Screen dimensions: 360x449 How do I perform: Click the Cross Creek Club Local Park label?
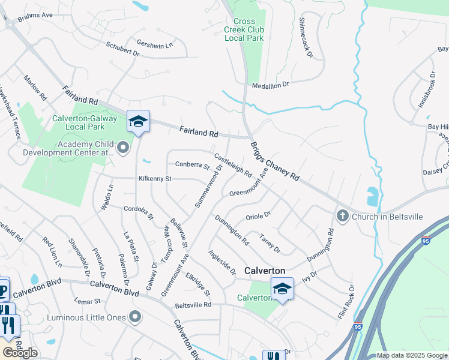pyautogui.click(x=244, y=29)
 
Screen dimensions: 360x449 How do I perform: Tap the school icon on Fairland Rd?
pyautogui.click(x=138, y=122)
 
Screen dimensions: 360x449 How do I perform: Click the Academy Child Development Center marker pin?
pyautogui.click(x=124, y=148)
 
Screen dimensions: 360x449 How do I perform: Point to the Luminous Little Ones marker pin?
pyautogui.click(x=136, y=316)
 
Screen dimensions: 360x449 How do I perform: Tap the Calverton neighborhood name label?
pyautogui.click(x=265, y=271)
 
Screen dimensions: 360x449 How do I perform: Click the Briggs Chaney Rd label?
pyautogui.click(x=275, y=161)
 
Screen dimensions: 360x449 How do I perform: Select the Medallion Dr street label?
pyautogui.click(x=270, y=85)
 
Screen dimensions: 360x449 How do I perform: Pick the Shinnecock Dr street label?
pyautogui.click(x=306, y=38)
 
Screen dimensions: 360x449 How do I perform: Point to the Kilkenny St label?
pyautogui.click(x=155, y=179)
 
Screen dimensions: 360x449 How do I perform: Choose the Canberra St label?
pyautogui.click(x=192, y=166)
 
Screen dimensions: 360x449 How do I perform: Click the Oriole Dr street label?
pyautogui.click(x=259, y=215)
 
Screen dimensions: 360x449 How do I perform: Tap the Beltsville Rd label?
pyautogui.click(x=193, y=305)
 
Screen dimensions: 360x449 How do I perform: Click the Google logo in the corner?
pyautogui.click(x=20, y=353)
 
